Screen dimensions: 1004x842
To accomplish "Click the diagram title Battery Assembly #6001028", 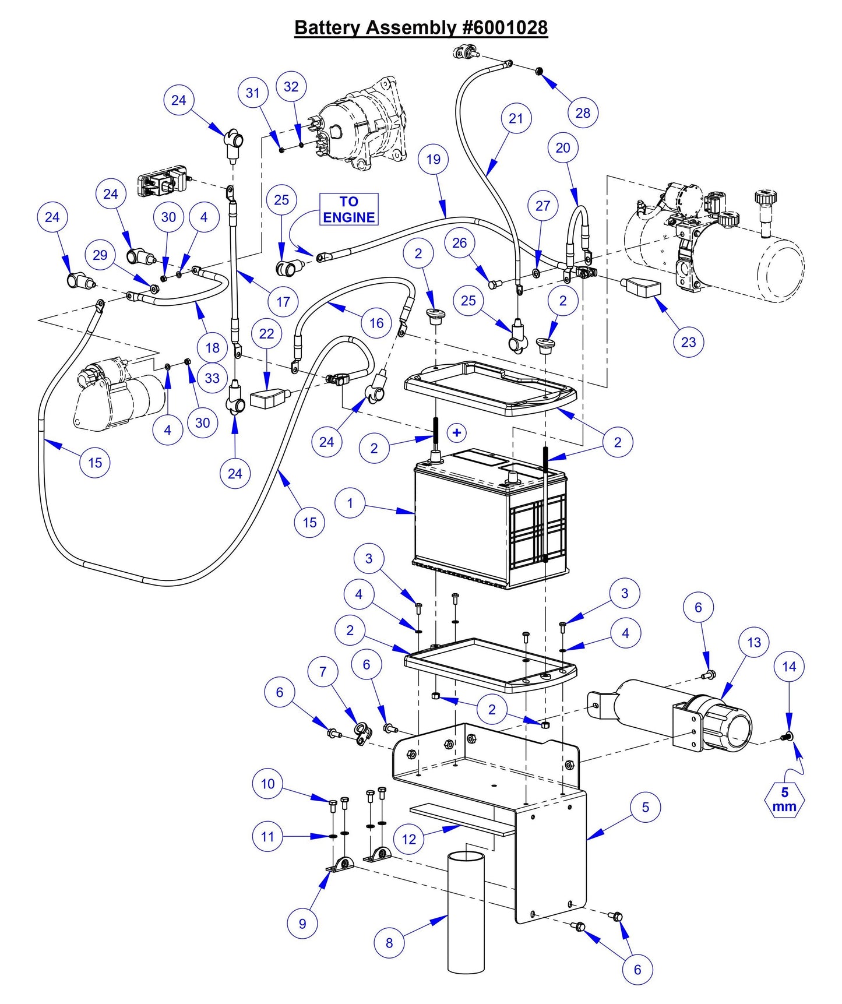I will tap(421, 27).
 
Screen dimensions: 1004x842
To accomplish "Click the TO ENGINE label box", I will tap(349, 210).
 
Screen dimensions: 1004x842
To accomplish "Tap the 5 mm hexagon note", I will tap(784, 800).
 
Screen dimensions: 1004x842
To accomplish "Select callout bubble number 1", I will tap(350, 503).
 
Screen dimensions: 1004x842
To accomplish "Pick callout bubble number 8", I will tap(389, 942).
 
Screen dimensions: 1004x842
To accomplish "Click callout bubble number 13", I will tap(754, 642).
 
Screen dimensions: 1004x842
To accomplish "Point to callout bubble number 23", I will tap(688, 342).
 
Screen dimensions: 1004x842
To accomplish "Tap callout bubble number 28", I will tap(583, 112).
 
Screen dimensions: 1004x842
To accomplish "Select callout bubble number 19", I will tap(433, 159).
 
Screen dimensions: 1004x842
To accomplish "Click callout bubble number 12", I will tap(409, 839).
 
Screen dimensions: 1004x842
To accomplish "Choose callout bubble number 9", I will tap(302, 923).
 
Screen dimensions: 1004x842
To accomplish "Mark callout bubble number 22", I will tap(266, 334).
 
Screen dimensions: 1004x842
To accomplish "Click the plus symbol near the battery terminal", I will tap(457, 432).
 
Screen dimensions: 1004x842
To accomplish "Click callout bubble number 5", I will tap(646, 807).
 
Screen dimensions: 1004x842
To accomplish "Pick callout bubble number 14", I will tap(789, 667).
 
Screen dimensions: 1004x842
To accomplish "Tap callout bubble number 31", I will tap(252, 93).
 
